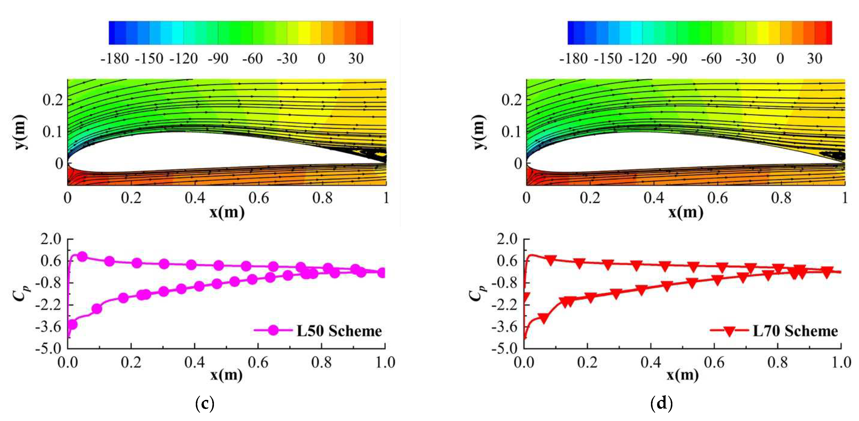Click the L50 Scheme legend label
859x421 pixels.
pos(339,331)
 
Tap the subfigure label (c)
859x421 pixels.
pos(204,403)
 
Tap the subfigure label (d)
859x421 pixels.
pos(661,403)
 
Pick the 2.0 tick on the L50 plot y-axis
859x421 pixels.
pos(51,239)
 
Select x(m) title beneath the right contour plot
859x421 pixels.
pos(686,212)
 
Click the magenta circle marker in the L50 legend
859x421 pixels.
pos(273,331)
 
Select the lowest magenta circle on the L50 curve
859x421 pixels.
pos(72,324)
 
